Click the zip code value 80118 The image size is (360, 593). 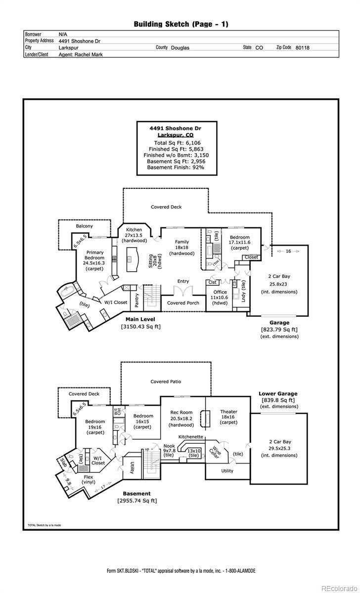coord(303,48)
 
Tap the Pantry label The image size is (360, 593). coord(136,300)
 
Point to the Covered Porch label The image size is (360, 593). coord(183,303)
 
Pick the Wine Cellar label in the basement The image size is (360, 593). coord(214,451)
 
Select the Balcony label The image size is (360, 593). coord(84,226)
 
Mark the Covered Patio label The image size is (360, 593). coord(166,381)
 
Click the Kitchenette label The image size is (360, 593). coord(191,437)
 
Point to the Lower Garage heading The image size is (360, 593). coord(277,394)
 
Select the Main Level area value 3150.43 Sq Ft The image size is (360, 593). coord(140,327)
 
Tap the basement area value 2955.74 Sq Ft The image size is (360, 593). coord(137,501)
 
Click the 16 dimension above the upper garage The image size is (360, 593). coord(288,251)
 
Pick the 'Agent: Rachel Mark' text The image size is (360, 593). coord(81,55)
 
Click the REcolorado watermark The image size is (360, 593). coord(339,588)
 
